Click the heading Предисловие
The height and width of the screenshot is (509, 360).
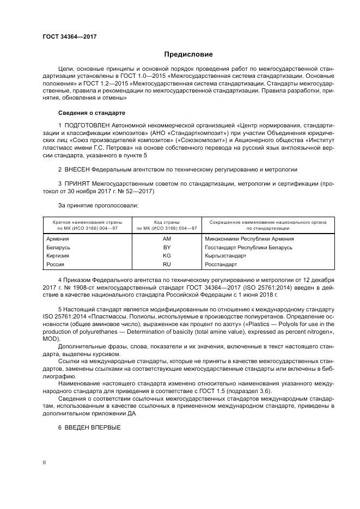pyautogui.click(x=188, y=54)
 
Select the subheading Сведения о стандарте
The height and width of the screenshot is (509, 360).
pyautogui.click(x=91, y=113)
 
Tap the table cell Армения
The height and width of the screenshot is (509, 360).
pyautogui.click(x=57, y=238)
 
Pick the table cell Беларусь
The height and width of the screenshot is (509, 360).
pyautogui.click(x=59, y=247)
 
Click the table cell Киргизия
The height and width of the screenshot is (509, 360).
pyautogui.click(x=59, y=255)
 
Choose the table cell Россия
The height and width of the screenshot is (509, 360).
pyautogui.click(x=56, y=264)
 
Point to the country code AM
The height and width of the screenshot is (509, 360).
pyautogui.click(x=167, y=238)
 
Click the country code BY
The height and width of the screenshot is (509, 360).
pyautogui.click(x=167, y=247)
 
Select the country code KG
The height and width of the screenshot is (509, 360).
pyautogui.click(x=167, y=255)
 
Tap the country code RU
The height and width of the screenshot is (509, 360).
pyautogui.click(x=167, y=264)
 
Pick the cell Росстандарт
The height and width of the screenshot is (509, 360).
pyautogui.click(x=221, y=264)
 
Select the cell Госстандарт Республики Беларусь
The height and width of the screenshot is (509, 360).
pyautogui.click(x=249, y=247)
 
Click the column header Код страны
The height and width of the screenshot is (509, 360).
pyautogui.click(x=167, y=222)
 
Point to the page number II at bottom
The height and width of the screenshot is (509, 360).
pyautogui.click(x=44, y=462)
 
